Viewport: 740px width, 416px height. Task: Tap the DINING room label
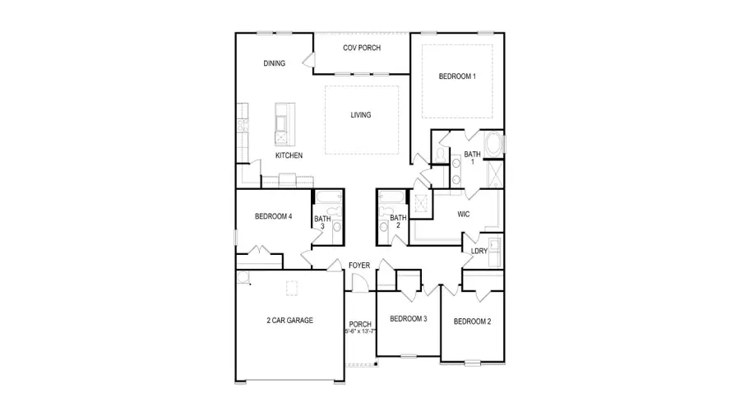[275, 63]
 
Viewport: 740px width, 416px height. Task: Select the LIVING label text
[360, 115]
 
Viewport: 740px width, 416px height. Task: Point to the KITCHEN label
[289, 155]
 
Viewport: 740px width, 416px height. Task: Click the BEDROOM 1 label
[457, 76]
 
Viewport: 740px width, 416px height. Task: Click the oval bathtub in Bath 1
[494, 144]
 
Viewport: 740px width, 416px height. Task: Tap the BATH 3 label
[322, 223]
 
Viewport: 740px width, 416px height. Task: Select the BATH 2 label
[398, 221]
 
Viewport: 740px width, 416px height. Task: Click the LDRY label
[479, 251]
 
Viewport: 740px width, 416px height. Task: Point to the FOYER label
[358, 265]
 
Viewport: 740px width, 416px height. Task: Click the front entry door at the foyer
[358, 283]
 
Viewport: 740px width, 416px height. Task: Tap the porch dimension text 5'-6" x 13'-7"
[360, 332]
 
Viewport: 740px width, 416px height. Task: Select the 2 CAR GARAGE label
[289, 321]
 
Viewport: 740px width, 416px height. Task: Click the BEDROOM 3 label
[408, 319]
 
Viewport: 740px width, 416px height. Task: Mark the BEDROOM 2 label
[472, 321]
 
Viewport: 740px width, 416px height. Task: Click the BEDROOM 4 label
[273, 217]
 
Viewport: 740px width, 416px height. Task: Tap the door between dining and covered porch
[309, 60]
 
